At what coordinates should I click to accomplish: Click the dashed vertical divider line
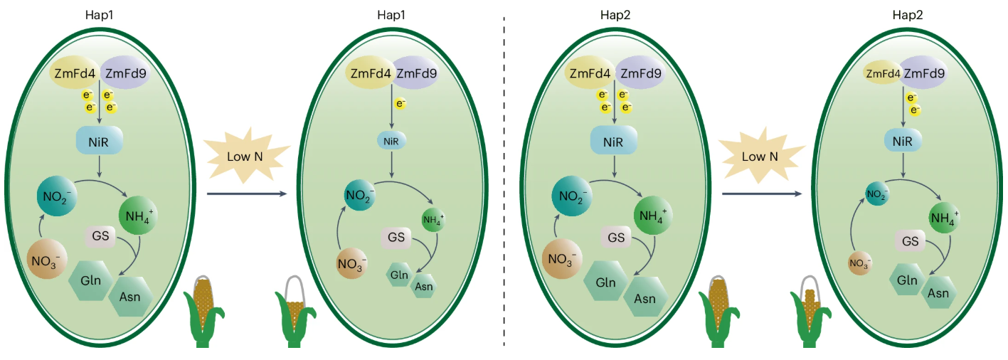504,178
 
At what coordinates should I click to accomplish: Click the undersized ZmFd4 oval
881,73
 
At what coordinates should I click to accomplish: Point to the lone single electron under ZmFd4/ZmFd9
400,104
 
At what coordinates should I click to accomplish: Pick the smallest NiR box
391,141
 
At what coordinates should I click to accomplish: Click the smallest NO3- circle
860,264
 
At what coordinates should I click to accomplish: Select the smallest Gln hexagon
398,273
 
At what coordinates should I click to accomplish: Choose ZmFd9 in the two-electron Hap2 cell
925,73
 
